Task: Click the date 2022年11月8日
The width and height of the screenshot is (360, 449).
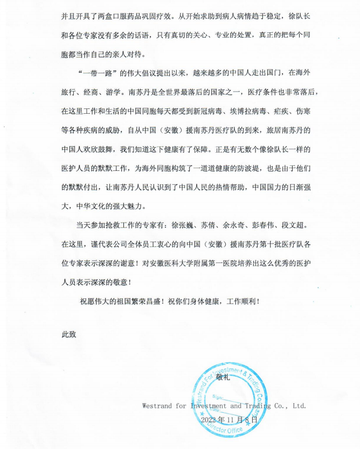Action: click(229, 418)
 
